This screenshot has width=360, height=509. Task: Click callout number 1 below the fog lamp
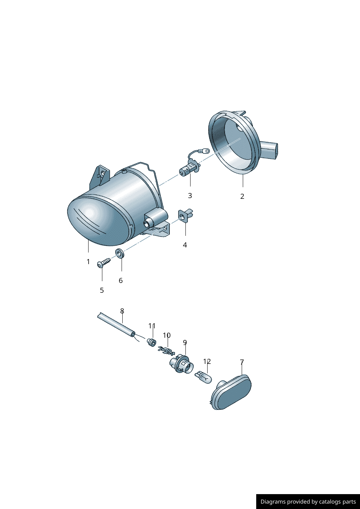[88, 262]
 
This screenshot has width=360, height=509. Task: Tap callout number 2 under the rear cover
[242, 196]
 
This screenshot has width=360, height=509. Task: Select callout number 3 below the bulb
[190, 196]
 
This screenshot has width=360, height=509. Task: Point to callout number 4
[185, 245]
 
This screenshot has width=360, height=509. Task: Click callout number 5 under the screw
[102, 290]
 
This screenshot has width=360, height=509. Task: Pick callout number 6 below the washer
[121, 280]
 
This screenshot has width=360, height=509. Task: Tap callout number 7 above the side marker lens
[242, 362]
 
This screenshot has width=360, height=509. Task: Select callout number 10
[167, 335]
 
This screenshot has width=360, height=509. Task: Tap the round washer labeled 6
[119, 253]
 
